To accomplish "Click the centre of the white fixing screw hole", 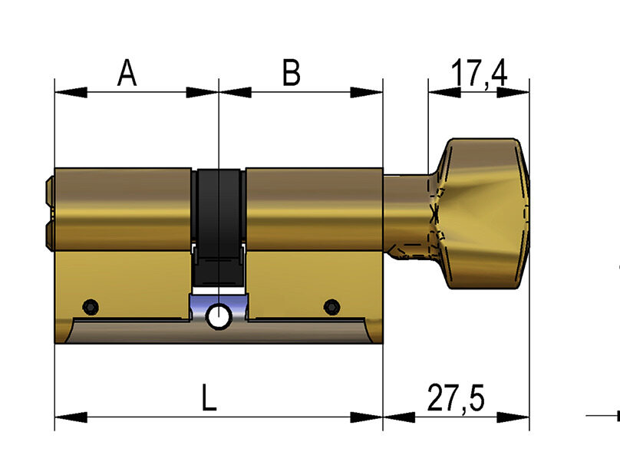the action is [219, 317].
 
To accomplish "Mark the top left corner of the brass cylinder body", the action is [54, 169].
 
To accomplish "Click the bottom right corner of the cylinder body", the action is [383, 343].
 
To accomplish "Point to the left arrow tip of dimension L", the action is [55, 417].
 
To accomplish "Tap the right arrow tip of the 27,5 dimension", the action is [529, 417].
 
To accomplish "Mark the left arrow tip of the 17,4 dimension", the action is [429, 92].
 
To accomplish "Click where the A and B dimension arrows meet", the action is [219, 93].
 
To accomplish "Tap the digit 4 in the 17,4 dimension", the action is [497, 73].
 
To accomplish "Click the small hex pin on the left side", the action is [91, 307].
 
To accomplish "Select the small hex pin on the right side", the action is [331, 307].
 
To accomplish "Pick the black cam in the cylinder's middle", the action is [219, 228].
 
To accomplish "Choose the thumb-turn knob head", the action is [482, 213].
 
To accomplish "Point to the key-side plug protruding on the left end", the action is [50, 213].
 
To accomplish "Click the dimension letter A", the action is [127, 73].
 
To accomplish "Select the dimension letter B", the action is [292, 73].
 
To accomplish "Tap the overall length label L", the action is [209, 397].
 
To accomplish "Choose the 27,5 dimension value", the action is [456, 397].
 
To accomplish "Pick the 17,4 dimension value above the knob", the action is [479, 74].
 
